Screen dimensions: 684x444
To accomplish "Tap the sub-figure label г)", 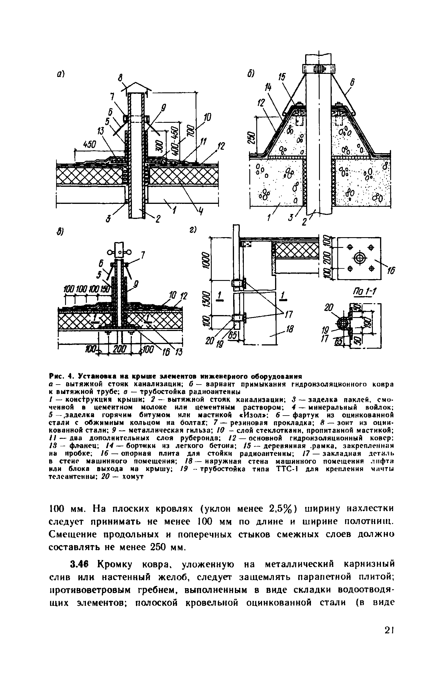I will click(x=193, y=229).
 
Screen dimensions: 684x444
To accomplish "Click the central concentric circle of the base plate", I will click(x=359, y=257).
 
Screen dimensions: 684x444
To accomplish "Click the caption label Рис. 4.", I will click(x=58, y=377).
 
